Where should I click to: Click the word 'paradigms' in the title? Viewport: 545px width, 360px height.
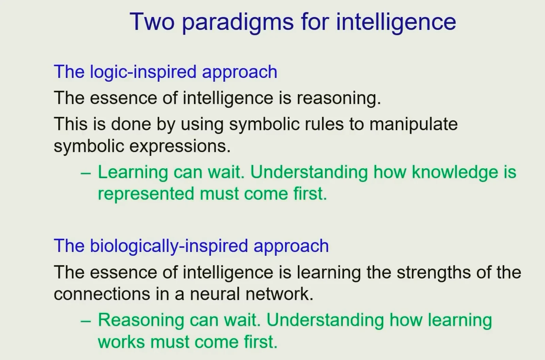[x=238, y=22]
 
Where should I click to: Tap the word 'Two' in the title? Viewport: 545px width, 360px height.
[x=152, y=21]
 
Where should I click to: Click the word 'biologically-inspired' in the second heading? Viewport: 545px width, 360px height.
[x=169, y=246]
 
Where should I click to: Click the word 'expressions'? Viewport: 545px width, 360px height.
[x=180, y=147]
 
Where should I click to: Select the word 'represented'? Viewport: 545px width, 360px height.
[x=146, y=194]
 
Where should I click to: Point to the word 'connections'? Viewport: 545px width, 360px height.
[x=102, y=294]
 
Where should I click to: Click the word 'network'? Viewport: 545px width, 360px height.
[x=279, y=294]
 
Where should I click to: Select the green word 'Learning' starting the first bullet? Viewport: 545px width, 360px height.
[x=133, y=173]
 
